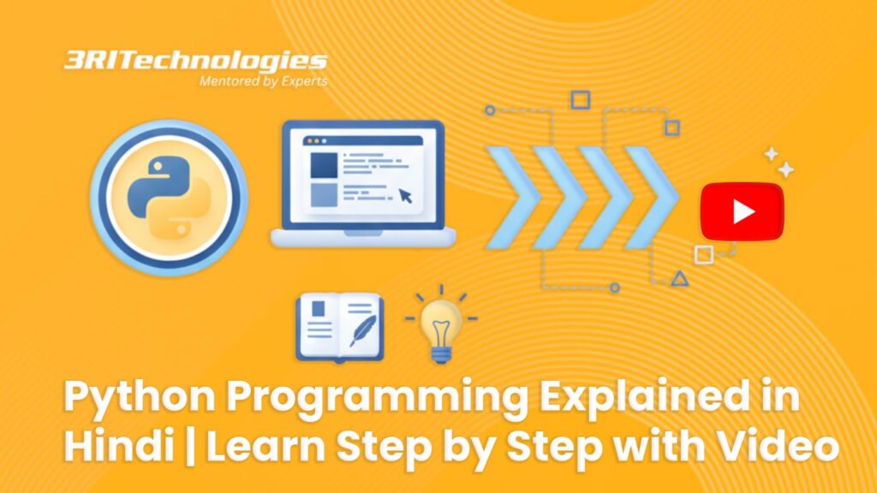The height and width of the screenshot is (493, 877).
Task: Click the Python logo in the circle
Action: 169,196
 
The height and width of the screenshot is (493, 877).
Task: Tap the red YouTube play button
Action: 742,211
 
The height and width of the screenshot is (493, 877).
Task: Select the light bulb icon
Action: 442,326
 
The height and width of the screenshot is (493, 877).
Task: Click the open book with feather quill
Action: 339,326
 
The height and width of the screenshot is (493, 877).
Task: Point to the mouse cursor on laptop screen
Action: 404,195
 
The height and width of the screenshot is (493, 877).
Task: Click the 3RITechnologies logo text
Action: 195,61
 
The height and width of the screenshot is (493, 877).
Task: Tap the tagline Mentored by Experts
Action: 263,81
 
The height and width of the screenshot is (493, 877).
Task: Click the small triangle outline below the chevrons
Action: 679,277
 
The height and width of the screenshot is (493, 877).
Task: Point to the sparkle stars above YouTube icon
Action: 779,161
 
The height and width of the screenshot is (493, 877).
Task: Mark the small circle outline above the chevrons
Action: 490,110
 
